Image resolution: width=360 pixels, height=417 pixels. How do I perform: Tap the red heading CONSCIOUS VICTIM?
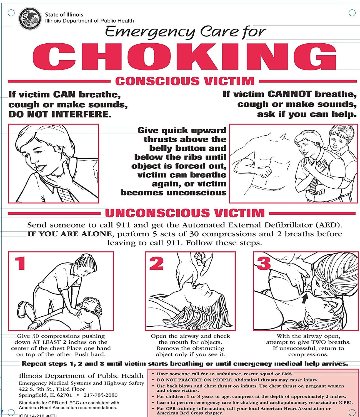tap(184, 81)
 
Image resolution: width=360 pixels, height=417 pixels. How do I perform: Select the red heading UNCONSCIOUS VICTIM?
tap(185, 213)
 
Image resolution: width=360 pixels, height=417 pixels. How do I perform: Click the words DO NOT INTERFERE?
tap(60, 114)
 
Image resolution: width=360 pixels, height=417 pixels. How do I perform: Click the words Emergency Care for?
tap(186, 31)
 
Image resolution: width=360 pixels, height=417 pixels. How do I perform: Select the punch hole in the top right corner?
tap(352, 13)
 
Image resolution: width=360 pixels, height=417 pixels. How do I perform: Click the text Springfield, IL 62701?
tap(45, 395)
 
